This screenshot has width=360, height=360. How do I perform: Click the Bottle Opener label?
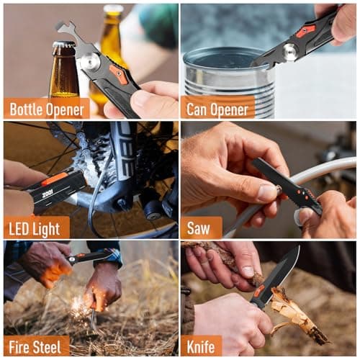(46, 108)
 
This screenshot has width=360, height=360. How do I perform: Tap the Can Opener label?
(217, 108)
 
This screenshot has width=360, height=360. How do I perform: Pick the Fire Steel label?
(36, 346)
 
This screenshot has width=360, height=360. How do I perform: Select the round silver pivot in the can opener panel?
(291, 51)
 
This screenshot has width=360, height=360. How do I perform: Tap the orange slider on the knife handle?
(258, 291)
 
